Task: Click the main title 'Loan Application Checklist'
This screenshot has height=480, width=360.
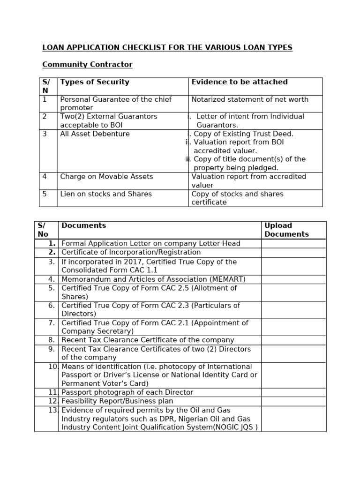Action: (x=167, y=47)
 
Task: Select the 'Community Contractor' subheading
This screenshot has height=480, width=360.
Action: (x=87, y=65)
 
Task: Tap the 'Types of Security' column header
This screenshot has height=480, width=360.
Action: (x=95, y=82)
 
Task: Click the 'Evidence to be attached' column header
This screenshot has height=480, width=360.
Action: (x=240, y=82)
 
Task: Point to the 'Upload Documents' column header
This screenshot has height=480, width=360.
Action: (x=286, y=230)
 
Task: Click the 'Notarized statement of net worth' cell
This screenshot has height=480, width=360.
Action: (x=250, y=99)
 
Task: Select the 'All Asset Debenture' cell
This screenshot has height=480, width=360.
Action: (x=95, y=134)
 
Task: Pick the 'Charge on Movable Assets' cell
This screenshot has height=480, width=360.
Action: (x=106, y=177)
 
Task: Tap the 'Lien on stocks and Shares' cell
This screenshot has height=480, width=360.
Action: (x=106, y=194)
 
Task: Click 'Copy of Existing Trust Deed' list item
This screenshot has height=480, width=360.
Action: (x=243, y=134)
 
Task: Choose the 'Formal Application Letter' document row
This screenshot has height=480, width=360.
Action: (x=150, y=244)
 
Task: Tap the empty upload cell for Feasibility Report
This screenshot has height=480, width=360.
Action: (x=293, y=401)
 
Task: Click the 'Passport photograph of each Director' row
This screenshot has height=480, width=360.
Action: (x=127, y=392)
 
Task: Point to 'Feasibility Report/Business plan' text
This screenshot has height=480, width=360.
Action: (x=117, y=401)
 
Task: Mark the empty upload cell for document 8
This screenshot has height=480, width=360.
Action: (x=293, y=340)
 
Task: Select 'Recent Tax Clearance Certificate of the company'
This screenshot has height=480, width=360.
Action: (x=148, y=340)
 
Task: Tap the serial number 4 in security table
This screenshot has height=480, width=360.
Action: (x=45, y=177)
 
